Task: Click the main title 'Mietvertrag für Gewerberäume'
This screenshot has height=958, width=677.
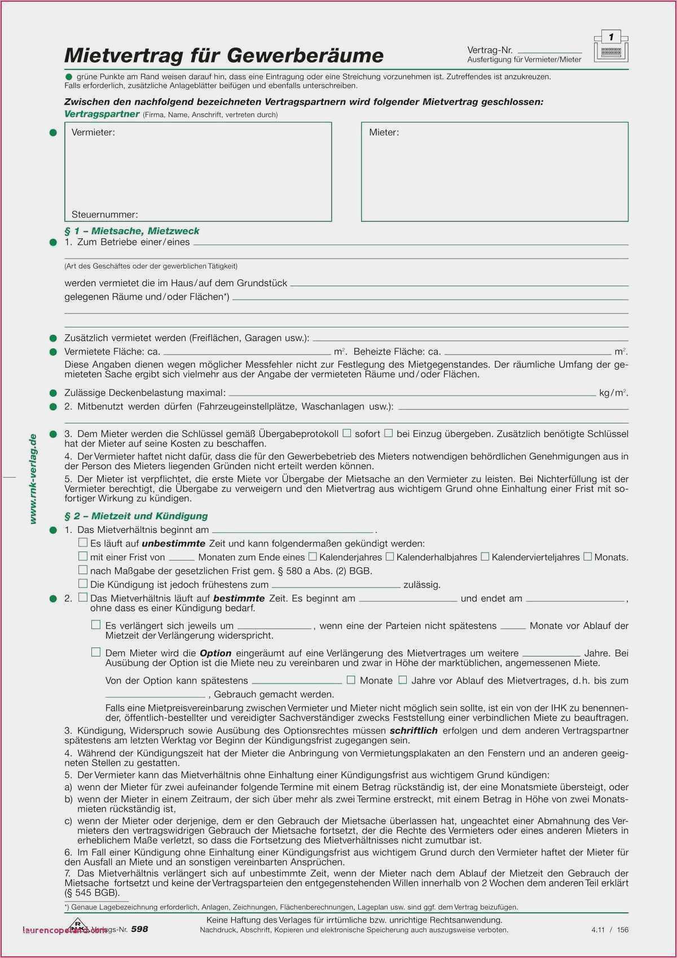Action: [x=224, y=55]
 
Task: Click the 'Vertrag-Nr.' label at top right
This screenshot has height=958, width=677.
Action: [x=490, y=50]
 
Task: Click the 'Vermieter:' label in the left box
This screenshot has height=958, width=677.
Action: [x=93, y=132]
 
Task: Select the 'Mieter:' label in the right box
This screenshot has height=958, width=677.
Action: [x=384, y=132]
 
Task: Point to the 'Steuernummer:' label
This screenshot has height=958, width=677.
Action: [x=104, y=215]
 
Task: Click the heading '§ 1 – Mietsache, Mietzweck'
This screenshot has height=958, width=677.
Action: [x=132, y=231]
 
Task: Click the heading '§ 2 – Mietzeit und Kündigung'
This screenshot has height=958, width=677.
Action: [x=136, y=516]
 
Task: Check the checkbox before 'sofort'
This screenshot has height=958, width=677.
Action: [x=347, y=433]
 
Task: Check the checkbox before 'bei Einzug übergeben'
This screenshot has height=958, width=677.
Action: [x=389, y=433]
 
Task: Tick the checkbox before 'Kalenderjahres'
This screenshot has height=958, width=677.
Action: [x=313, y=557]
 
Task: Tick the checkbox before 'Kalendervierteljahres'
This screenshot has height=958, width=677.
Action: [x=485, y=557]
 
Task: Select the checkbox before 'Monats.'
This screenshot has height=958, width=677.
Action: [x=587, y=557]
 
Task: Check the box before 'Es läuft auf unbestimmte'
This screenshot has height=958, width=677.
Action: [x=83, y=543]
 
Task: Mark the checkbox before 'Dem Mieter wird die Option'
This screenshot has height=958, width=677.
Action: [x=96, y=652]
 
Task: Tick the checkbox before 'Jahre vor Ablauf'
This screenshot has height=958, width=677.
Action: [x=402, y=680]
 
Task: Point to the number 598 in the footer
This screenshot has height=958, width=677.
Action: [x=139, y=929]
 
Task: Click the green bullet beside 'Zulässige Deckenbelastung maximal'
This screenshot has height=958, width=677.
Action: [x=53, y=393]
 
